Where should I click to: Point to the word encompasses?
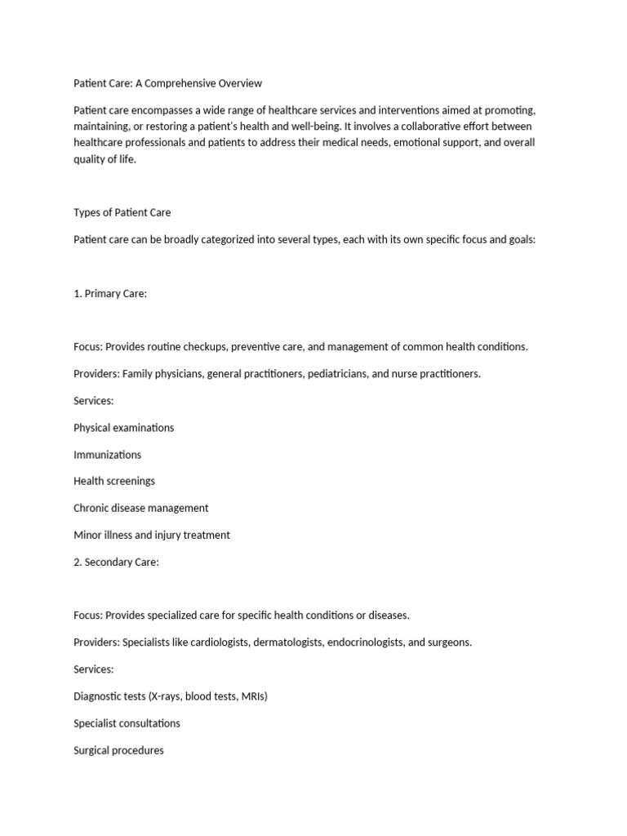[156, 110]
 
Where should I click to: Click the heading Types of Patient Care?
[122, 212]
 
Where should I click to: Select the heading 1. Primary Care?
[110, 293]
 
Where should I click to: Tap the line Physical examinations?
[123, 427]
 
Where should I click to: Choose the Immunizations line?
[107, 454]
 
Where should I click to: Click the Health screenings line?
[114, 481]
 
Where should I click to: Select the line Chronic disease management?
[140, 508]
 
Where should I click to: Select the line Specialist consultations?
[127, 723]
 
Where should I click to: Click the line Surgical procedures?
[118, 750]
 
